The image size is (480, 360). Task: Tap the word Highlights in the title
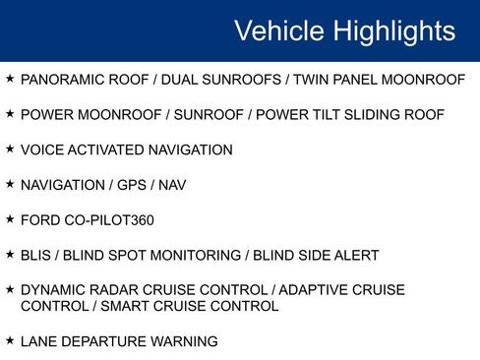pyautogui.click(x=394, y=30)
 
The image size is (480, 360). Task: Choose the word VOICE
pyautogui.click(x=41, y=150)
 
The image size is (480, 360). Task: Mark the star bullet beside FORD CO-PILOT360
pyautogui.click(x=10, y=218)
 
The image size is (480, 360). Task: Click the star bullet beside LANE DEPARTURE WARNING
pyautogui.click(x=10, y=340)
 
